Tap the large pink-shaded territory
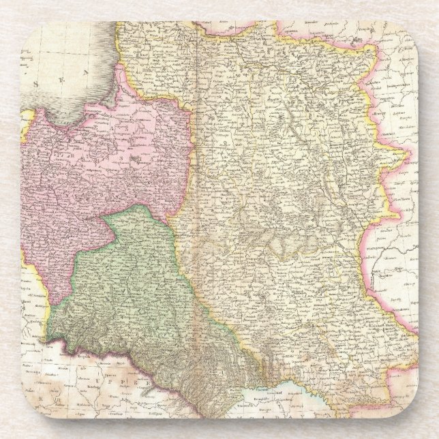click(102, 164)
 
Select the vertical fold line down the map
click(198, 205)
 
